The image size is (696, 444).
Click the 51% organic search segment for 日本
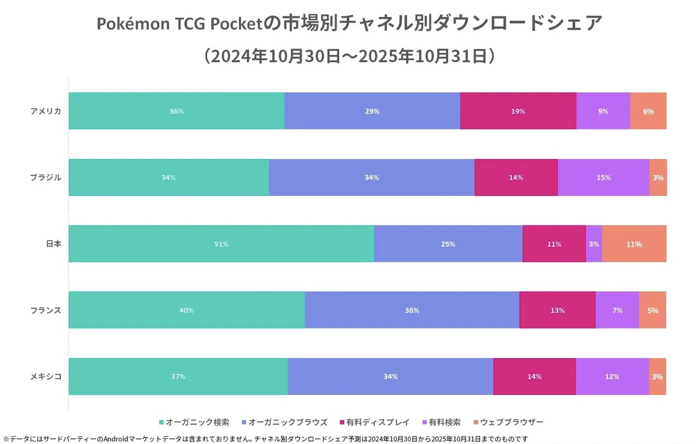[x=221, y=244]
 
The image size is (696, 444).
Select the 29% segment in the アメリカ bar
[x=372, y=111]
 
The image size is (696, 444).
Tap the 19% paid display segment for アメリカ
[x=518, y=111]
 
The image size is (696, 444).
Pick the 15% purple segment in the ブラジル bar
[x=603, y=178]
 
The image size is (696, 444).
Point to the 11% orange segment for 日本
[x=634, y=244]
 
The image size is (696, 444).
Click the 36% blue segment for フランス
[x=412, y=310]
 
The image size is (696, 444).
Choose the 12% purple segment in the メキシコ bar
[x=612, y=377]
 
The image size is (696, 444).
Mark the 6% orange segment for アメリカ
[x=648, y=111]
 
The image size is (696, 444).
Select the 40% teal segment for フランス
[x=187, y=310]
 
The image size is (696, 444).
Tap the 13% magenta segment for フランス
[x=557, y=310]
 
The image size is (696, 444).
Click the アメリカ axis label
[x=46, y=111]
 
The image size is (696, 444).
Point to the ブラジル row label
[x=46, y=178]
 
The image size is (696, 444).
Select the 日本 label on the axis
[x=53, y=244]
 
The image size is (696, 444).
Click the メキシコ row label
[x=46, y=377]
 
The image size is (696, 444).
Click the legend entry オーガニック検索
[x=197, y=423]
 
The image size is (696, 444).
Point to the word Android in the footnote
[x=118, y=438]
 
